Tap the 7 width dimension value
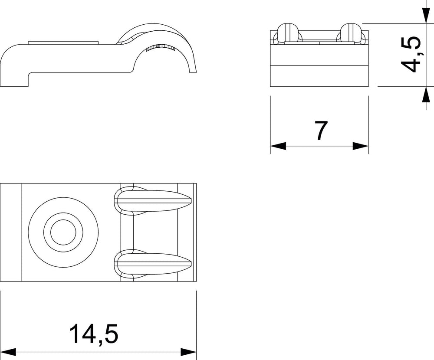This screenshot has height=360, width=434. tap(321, 130)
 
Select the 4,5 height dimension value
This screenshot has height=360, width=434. tap(411, 54)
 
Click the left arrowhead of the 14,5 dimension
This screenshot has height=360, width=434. tap(8, 352)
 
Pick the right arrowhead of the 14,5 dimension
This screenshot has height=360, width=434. tap(188, 352)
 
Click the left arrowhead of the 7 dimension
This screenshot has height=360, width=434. tap(278, 146)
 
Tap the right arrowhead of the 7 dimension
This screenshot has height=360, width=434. tap(361, 146)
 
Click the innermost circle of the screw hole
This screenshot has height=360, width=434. tap(63, 232)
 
